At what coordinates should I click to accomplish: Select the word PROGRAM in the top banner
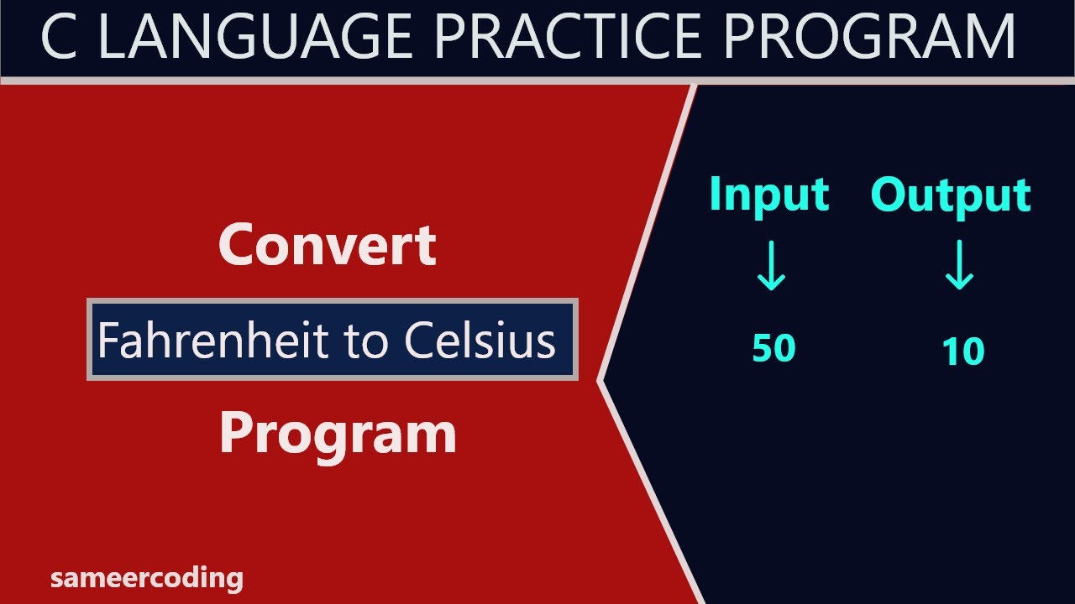point(869,38)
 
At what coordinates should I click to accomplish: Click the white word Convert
point(328,245)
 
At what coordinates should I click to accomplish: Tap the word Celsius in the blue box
point(480,341)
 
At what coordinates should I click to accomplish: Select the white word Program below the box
point(338,434)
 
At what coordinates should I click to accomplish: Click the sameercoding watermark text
point(147,578)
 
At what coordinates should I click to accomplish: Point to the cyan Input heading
point(768,195)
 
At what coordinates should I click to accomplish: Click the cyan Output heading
point(951,195)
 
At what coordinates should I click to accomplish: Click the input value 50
point(773,347)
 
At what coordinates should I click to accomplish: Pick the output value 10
point(962,351)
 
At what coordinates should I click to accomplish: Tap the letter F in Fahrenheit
point(106,341)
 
